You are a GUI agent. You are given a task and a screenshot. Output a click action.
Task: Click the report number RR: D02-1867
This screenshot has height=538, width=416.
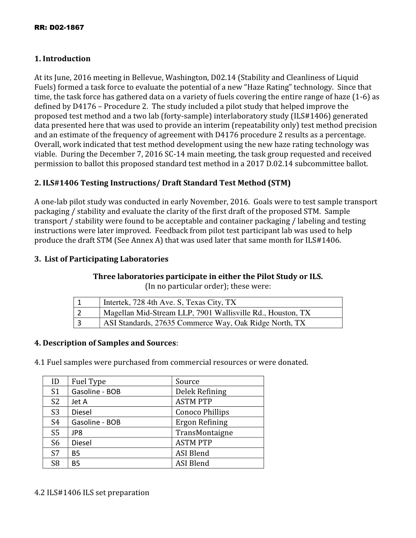(x=59, y=28)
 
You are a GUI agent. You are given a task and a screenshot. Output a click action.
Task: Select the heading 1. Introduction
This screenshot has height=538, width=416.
(x=63, y=59)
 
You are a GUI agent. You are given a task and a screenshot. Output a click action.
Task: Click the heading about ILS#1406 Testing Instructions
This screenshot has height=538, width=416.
(x=162, y=183)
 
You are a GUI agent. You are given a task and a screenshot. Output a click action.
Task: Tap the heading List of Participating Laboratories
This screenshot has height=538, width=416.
(x=102, y=259)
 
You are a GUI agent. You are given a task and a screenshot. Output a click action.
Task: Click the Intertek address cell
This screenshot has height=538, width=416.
(x=170, y=302)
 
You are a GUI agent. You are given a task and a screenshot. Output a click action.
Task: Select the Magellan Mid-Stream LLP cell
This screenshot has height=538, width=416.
(x=207, y=313)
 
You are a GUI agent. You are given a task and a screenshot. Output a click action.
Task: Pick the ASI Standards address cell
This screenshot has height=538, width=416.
(x=204, y=323)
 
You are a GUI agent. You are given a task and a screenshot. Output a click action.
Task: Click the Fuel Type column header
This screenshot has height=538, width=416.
(x=89, y=381)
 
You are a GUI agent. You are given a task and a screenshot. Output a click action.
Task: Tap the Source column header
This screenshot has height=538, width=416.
(x=187, y=381)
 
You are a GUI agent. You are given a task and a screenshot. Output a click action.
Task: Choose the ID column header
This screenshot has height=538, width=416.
(x=55, y=381)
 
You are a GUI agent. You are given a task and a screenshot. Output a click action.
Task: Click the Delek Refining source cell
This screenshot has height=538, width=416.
(x=201, y=391)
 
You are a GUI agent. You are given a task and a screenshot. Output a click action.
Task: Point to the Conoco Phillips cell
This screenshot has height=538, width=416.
(x=202, y=412)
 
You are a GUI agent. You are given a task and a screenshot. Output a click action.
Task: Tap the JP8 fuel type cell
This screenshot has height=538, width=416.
(x=77, y=433)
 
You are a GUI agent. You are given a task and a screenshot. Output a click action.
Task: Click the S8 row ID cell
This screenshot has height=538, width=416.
(x=55, y=463)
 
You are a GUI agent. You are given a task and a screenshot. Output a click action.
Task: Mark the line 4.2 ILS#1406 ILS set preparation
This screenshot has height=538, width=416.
(x=92, y=493)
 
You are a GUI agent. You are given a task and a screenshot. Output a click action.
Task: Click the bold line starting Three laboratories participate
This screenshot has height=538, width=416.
(x=208, y=276)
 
